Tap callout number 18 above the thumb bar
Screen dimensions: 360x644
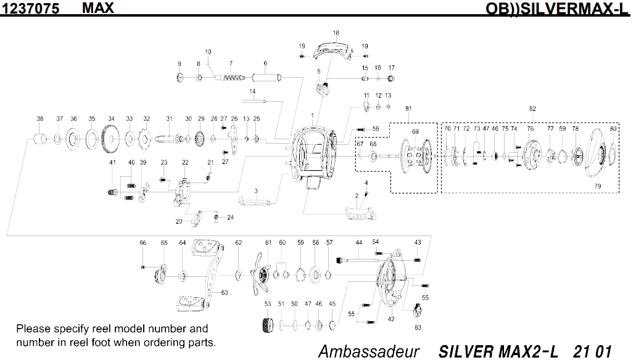coord(336,33)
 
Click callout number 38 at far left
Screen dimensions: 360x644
coord(40,118)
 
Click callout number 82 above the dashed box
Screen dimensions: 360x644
coord(532,108)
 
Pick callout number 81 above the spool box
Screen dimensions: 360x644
coord(408,108)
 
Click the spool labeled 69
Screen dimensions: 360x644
coord(415,155)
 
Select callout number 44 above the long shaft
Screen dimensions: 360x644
coord(358,242)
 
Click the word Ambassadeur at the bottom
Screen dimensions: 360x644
coord(368,351)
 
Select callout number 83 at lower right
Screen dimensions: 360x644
coord(418,327)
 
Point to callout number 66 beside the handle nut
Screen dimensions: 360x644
coord(142,243)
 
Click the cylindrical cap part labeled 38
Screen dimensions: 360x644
coord(40,138)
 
